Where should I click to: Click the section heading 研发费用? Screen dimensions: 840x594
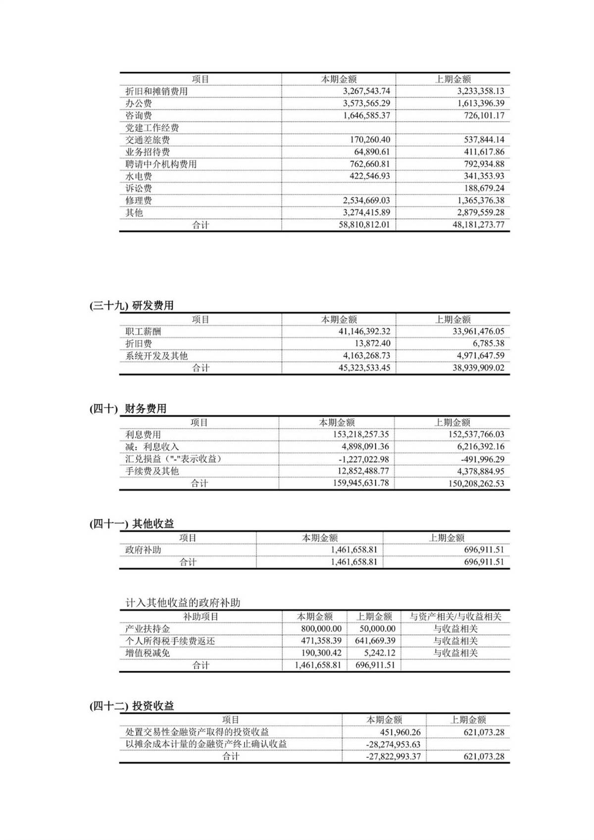(x=153, y=305)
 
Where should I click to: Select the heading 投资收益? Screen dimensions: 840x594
(x=153, y=706)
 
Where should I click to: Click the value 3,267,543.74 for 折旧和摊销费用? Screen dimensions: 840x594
(x=366, y=91)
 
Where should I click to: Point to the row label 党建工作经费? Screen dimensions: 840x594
(x=152, y=128)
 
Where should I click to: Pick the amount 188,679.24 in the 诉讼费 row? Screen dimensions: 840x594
(x=484, y=188)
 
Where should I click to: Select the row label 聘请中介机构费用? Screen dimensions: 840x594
(x=161, y=164)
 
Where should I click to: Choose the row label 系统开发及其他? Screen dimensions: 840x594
(x=156, y=355)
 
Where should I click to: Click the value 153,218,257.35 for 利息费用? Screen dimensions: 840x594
(x=361, y=434)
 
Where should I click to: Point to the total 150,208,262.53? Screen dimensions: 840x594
(x=476, y=483)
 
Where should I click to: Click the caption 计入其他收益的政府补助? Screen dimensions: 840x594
(x=183, y=602)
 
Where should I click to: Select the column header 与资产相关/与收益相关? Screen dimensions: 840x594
(x=455, y=617)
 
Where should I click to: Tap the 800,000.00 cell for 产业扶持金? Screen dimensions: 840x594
(x=321, y=629)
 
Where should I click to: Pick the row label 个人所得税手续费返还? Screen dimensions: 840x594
(x=170, y=641)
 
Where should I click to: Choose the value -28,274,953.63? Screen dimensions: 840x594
(x=393, y=744)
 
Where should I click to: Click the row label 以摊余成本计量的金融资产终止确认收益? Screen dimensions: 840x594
(x=206, y=744)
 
